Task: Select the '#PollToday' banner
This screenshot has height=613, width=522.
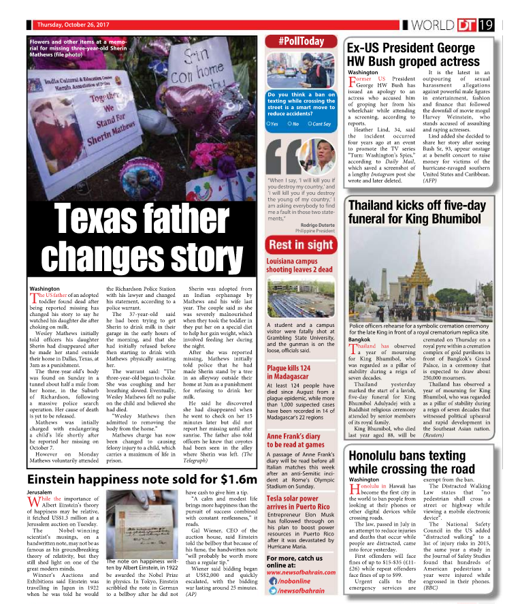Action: tap(301, 42)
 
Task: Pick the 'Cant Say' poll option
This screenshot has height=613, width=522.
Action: tap(319, 124)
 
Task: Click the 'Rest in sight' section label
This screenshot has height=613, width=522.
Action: tap(300, 245)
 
